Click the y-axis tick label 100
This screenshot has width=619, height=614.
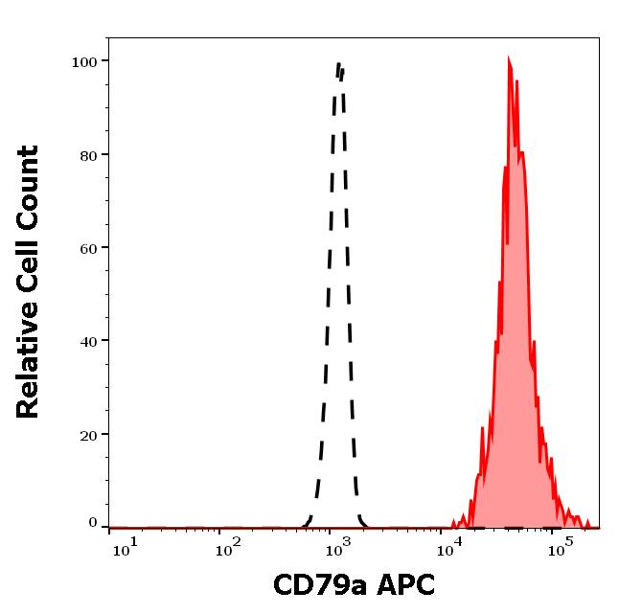84,62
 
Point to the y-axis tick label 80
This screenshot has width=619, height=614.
88,155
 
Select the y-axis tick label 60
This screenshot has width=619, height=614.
88,248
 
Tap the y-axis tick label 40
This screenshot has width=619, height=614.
88,341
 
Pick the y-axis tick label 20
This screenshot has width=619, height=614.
88,435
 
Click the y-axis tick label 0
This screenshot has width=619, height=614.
93,523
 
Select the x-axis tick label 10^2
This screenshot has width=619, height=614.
228,546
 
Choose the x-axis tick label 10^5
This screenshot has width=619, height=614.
561,546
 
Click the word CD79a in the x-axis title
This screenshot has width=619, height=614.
312,584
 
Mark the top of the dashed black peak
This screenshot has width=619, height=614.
339,64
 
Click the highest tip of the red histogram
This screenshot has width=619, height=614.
510,58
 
